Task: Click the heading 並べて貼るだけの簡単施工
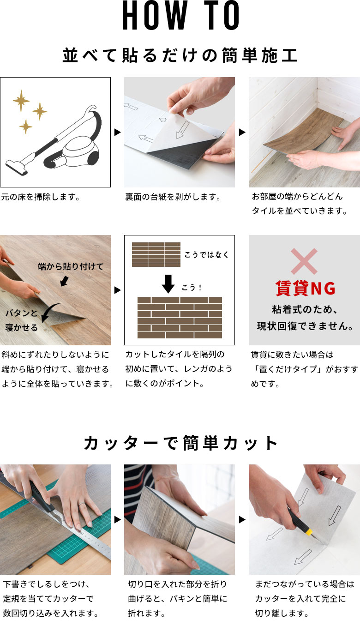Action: pyautogui.click(x=180, y=55)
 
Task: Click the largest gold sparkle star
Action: pyautogui.click(x=21, y=100)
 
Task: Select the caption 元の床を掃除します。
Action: pyautogui.click(x=41, y=197)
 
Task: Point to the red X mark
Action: pyautogui.click(x=304, y=261)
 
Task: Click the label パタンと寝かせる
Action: pyautogui.click(x=21, y=320)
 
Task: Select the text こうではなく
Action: pyautogui.click(x=206, y=254)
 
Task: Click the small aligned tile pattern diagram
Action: pyautogui.click(x=156, y=254)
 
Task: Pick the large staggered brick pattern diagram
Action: pyautogui.click(x=180, y=318)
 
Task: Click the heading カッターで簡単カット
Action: pyautogui.click(x=180, y=443)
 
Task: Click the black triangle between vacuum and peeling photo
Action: pyautogui.click(x=117, y=132)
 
